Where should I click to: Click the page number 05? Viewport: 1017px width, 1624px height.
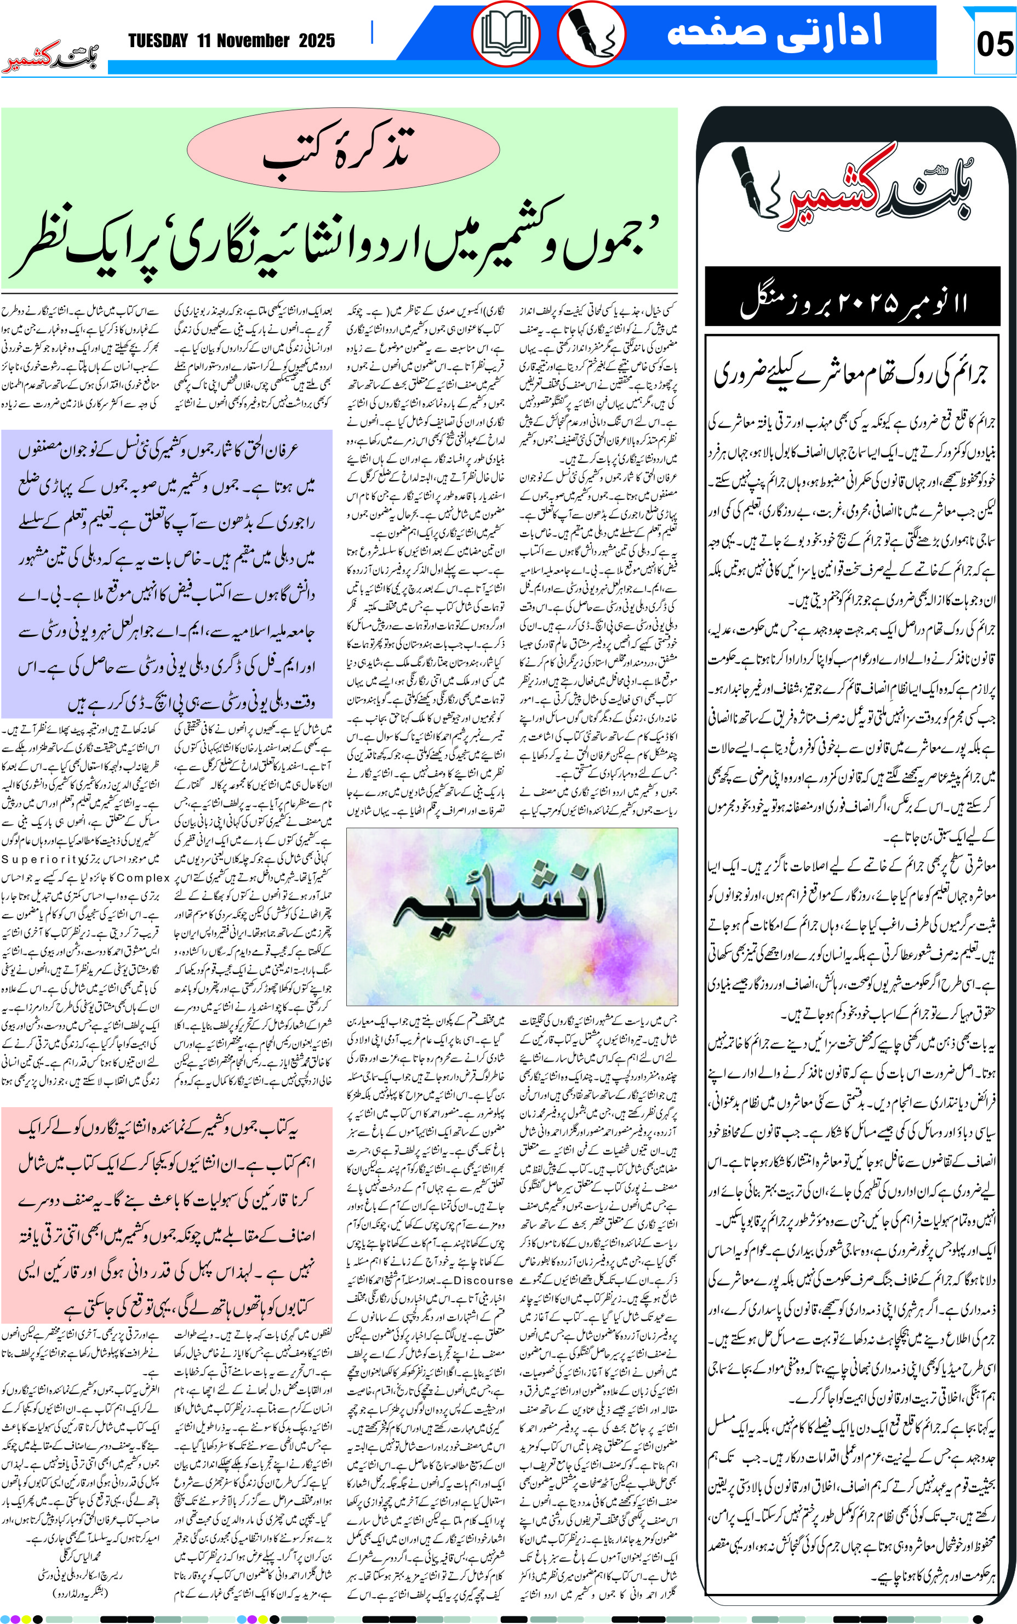click(994, 44)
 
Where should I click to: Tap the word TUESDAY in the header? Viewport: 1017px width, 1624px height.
click(158, 41)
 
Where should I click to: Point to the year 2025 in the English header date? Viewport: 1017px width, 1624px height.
click(317, 41)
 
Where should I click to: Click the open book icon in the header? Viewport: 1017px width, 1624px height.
click(505, 33)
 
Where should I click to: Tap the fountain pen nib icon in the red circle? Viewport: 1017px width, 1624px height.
click(592, 33)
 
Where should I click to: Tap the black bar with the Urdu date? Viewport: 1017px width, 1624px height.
click(852, 297)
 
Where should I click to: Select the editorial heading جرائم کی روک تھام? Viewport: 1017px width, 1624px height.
click(852, 372)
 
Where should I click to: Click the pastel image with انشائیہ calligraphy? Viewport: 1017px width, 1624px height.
click(512, 916)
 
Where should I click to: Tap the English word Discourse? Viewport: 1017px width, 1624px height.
click(484, 1280)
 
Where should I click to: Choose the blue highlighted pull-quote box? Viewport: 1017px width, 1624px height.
click(167, 574)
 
